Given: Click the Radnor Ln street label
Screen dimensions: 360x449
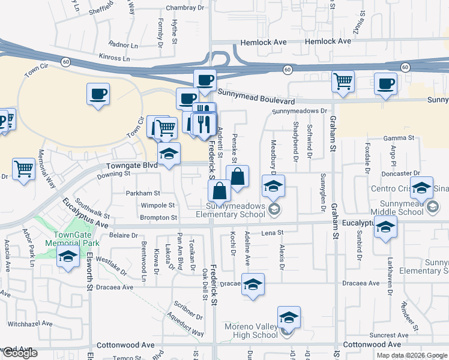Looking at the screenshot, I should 123,44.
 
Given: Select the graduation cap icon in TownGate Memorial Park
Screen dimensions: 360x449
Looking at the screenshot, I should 68,257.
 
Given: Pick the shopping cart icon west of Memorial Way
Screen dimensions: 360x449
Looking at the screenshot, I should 23,170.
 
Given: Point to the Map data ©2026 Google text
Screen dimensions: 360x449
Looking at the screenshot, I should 411,355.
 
